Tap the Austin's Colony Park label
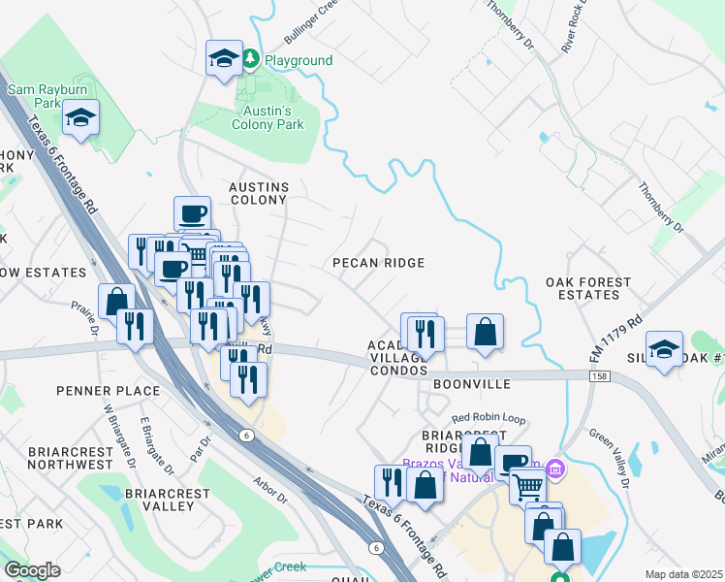click(x=268, y=117)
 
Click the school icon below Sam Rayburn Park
click(x=81, y=120)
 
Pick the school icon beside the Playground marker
click(x=224, y=58)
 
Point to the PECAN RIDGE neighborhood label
click(x=378, y=263)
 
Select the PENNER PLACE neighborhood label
click(x=81, y=391)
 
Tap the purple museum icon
click(x=554, y=470)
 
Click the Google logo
click(x=31, y=571)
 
